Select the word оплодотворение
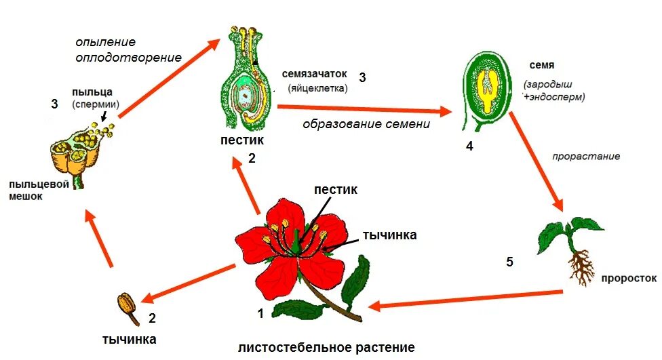pos(129,57)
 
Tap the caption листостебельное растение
pos(326,347)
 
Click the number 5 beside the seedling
pos(510,261)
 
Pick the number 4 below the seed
pos(469,146)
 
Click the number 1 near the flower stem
pos(260,313)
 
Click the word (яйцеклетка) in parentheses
pos(317,88)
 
